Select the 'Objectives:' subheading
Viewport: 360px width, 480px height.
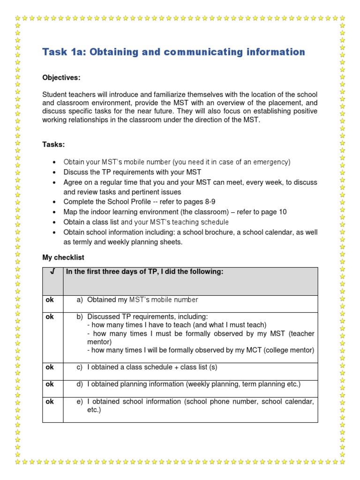(x=61, y=77)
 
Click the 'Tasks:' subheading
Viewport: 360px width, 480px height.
(x=53, y=144)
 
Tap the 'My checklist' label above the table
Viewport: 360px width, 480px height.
(x=63, y=258)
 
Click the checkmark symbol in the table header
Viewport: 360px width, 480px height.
(x=52, y=272)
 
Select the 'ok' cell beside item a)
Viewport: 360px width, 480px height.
(x=49, y=300)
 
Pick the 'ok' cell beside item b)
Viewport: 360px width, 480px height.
(x=49, y=317)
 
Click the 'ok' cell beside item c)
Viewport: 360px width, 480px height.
(x=49, y=367)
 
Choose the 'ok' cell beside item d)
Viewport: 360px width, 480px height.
(x=49, y=384)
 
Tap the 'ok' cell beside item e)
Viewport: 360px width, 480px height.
(x=49, y=402)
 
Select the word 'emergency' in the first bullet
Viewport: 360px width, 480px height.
(x=270, y=162)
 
